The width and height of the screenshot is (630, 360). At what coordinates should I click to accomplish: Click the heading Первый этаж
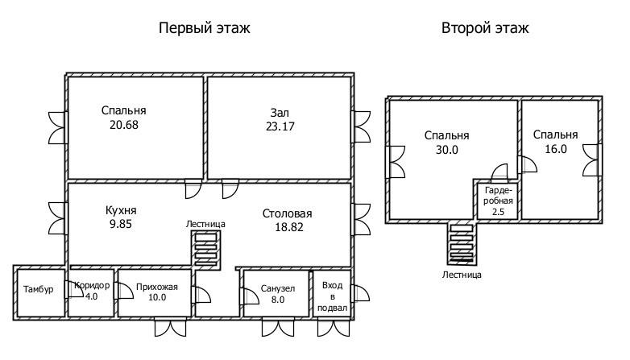click(x=204, y=28)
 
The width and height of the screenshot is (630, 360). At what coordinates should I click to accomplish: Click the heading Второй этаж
click(x=485, y=28)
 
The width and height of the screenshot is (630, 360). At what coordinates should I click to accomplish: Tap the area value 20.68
click(x=124, y=125)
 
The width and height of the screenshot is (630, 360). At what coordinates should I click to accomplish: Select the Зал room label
click(x=280, y=112)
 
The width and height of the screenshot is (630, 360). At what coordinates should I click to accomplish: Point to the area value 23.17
click(x=280, y=126)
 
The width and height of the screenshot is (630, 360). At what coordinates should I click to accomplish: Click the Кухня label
click(x=119, y=210)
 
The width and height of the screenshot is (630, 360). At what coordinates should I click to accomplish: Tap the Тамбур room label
click(x=39, y=289)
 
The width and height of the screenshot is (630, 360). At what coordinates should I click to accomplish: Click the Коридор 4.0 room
click(x=91, y=291)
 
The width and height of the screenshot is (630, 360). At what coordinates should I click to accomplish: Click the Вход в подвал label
click(x=333, y=296)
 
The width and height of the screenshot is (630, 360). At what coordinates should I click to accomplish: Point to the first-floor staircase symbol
click(x=205, y=248)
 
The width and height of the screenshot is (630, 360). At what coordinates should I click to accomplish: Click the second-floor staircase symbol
click(x=462, y=243)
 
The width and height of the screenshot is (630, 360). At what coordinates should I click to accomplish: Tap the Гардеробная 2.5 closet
click(x=498, y=201)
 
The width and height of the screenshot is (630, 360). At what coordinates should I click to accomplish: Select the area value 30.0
click(x=446, y=149)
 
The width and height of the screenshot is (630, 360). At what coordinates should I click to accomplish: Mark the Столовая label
click(x=287, y=213)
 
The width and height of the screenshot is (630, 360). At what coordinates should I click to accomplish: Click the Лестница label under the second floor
click(x=462, y=275)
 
